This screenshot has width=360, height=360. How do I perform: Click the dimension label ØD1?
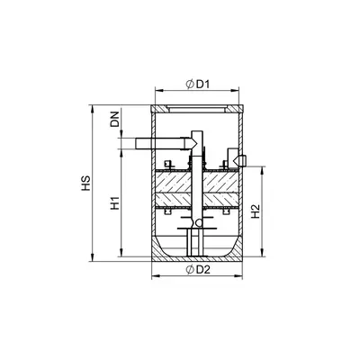click(x=197, y=85)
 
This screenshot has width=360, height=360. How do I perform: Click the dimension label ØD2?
click(x=197, y=270)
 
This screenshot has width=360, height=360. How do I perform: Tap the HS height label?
click(x=86, y=184)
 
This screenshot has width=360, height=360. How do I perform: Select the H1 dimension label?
click(x=115, y=203)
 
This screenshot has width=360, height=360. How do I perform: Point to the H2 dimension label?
click(x=255, y=211)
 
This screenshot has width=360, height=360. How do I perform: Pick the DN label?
click(x=114, y=119)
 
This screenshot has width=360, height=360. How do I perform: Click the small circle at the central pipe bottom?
click(x=198, y=223)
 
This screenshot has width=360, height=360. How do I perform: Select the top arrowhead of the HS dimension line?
click(x=93, y=109)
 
